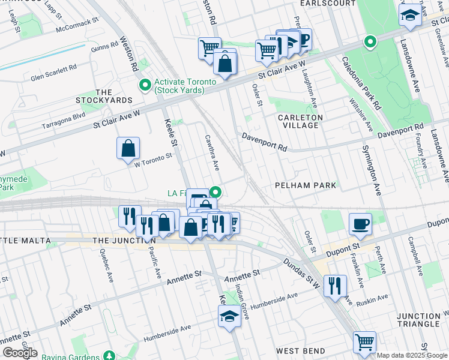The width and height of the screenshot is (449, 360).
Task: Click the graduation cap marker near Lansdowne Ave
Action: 410,16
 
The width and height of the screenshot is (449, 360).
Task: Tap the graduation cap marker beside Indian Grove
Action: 229,316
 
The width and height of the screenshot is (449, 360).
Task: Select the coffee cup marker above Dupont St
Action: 360,224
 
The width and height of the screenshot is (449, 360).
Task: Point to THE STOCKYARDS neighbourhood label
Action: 95,95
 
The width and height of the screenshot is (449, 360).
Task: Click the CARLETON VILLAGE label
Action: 300,121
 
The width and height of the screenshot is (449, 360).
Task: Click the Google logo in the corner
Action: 19,353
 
